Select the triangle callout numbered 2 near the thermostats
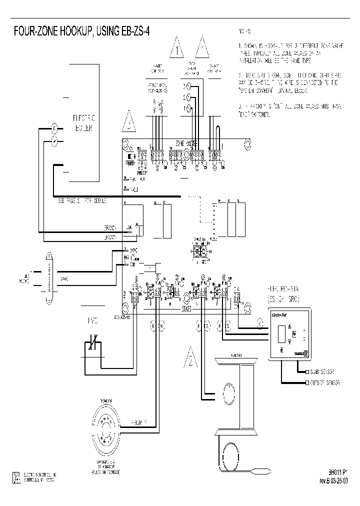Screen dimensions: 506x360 point(191,356)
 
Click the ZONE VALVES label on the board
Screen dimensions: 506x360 point(186,143)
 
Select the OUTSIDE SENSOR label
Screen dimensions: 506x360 point(325,382)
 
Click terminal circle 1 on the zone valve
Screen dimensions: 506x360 point(187,108)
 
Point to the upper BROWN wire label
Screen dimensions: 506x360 point(110,227)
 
